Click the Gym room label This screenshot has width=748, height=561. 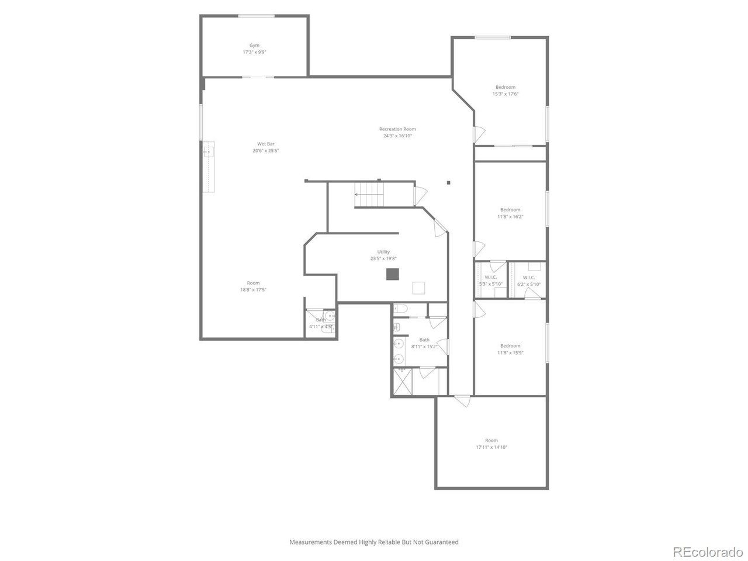tap(254, 46)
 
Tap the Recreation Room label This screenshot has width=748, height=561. tap(397, 129)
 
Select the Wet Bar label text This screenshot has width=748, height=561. tap(266, 144)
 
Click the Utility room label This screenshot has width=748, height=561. tap(383, 252)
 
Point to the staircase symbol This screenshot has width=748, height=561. tap(369, 194)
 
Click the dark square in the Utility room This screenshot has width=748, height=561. tap(392, 274)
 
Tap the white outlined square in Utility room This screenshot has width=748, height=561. tap(418, 288)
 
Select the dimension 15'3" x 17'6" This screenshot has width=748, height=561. tap(505, 94)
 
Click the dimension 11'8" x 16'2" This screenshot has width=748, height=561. tap(510, 217)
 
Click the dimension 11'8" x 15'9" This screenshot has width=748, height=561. tap(510, 352)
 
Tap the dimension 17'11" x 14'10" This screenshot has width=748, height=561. tap(491, 447)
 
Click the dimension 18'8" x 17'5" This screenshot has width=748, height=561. tap(253, 290)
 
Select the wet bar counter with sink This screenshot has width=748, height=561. tap(209, 167)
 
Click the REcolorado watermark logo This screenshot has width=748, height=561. tap(708, 551)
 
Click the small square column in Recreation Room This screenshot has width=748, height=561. tap(449, 183)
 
